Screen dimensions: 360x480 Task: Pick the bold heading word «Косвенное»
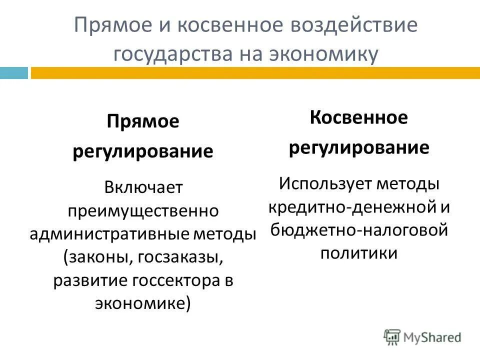coord(358,118)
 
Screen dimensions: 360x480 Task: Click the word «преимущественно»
coord(143,210)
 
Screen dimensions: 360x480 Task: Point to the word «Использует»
coord(319,183)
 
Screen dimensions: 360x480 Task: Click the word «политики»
coord(358,253)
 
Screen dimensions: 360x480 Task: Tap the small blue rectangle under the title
coord(13,73)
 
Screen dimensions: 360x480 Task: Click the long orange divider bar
coord(255,73)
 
